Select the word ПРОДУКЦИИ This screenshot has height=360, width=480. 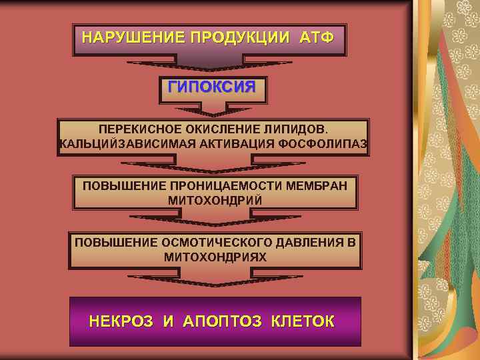(241, 36)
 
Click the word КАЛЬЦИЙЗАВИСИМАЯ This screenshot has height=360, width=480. (117, 144)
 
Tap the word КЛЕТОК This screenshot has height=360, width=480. (303, 322)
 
